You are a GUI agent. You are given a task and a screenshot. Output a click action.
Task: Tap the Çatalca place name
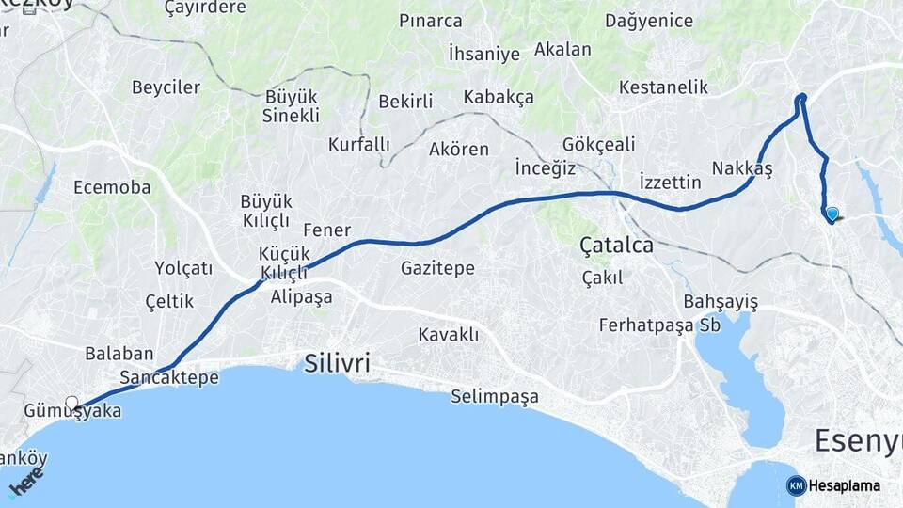click(x=617, y=246)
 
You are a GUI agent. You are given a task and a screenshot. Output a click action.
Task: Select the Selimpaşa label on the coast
click(x=495, y=396)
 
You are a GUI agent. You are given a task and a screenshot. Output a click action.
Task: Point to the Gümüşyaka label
click(x=73, y=411)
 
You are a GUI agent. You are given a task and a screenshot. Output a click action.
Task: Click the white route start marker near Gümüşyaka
click(x=71, y=403)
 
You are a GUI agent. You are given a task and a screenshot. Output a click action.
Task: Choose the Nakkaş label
click(x=742, y=167)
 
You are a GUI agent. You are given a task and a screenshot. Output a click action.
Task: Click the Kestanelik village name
click(x=663, y=87)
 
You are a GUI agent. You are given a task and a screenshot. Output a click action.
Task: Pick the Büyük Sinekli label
click(x=292, y=106)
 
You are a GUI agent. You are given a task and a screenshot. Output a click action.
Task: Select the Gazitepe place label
click(x=437, y=268)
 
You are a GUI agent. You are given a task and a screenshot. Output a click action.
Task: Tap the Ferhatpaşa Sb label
click(x=666, y=325)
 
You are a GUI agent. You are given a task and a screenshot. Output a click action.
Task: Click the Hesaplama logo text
click(x=844, y=485)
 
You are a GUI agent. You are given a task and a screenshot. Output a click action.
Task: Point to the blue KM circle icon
click(x=796, y=485)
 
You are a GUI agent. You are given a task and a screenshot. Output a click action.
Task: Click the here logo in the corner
click(x=25, y=482)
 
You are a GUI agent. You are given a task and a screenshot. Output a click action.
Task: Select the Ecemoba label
click(x=112, y=187)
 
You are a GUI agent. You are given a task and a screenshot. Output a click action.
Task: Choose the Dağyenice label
click(x=649, y=21)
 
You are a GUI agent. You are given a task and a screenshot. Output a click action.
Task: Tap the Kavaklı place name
click(x=449, y=335)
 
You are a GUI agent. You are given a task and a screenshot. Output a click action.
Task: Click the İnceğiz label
click(x=545, y=167)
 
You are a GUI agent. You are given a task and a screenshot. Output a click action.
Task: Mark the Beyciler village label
click(x=166, y=87)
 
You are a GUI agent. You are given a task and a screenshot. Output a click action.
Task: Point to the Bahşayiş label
click(x=721, y=301)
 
